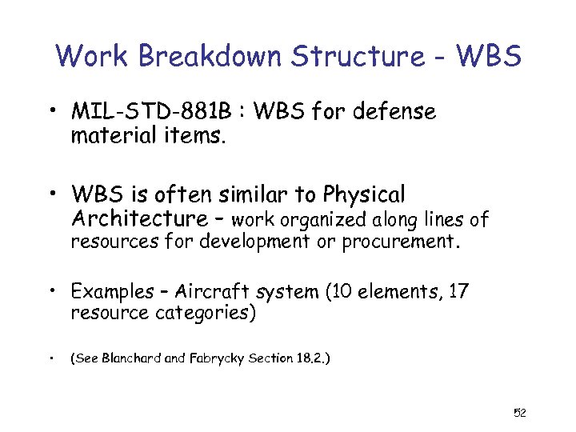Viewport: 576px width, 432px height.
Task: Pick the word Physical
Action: click(x=363, y=194)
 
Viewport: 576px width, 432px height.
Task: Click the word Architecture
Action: click(x=139, y=218)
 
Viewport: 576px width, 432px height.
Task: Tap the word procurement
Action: click(x=400, y=242)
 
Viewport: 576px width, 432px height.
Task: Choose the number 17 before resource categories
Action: click(x=458, y=292)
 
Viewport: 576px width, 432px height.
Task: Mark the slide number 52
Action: click(x=519, y=413)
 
